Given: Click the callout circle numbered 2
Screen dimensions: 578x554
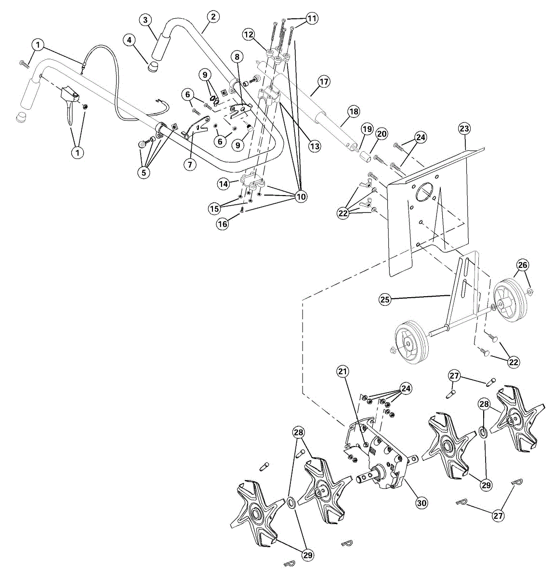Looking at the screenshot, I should pyautogui.click(x=213, y=17).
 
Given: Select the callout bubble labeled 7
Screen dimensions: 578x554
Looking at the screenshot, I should pyautogui.click(x=190, y=164).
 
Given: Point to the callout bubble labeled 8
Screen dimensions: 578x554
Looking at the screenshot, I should pyautogui.click(x=237, y=56).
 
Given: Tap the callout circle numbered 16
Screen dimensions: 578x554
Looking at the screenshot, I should pyautogui.click(x=223, y=224).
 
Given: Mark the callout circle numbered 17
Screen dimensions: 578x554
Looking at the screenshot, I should pyautogui.click(x=324, y=82).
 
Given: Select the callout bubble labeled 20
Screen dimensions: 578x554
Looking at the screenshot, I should pyautogui.click(x=382, y=134).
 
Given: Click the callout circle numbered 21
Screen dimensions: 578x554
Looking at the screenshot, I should pyautogui.click(x=343, y=371).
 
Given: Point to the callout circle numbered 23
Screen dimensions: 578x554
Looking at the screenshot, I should pyautogui.click(x=464, y=129).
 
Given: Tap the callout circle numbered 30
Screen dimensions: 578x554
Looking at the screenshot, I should pyautogui.click(x=422, y=503).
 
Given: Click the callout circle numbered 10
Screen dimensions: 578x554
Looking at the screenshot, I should pyautogui.click(x=301, y=197).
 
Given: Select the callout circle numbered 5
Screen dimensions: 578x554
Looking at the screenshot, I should pyautogui.click(x=143, y=172).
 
